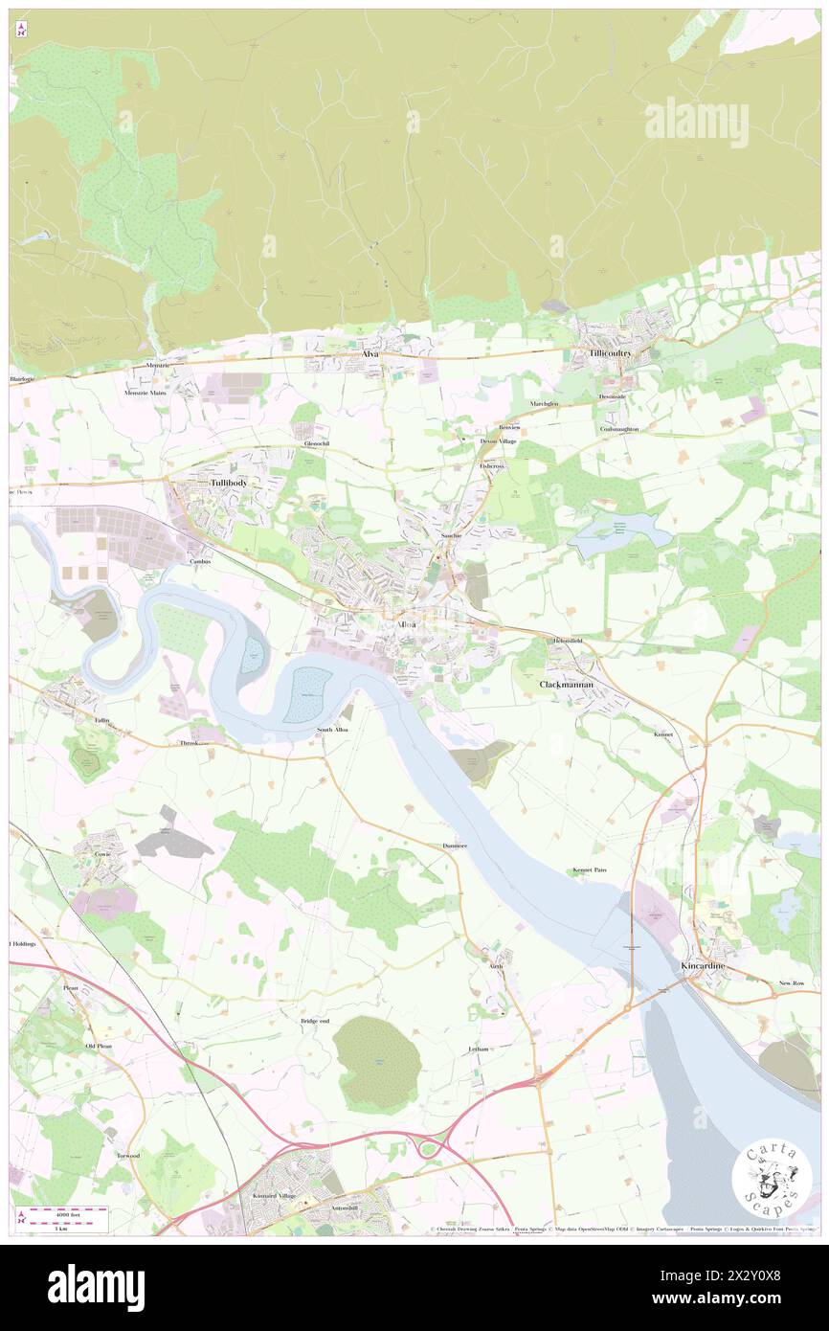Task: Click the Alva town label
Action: pos(370,354)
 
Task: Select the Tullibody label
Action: pos(229,484)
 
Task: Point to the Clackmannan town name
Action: pos(567,685)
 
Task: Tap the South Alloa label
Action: pos(332,731)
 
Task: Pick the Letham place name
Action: pos(479,1049)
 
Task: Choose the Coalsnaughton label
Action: pos(619,429)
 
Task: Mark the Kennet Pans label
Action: pos(590,869)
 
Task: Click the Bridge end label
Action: pos(315,1021)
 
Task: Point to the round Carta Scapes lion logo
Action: pos(772,1179)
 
